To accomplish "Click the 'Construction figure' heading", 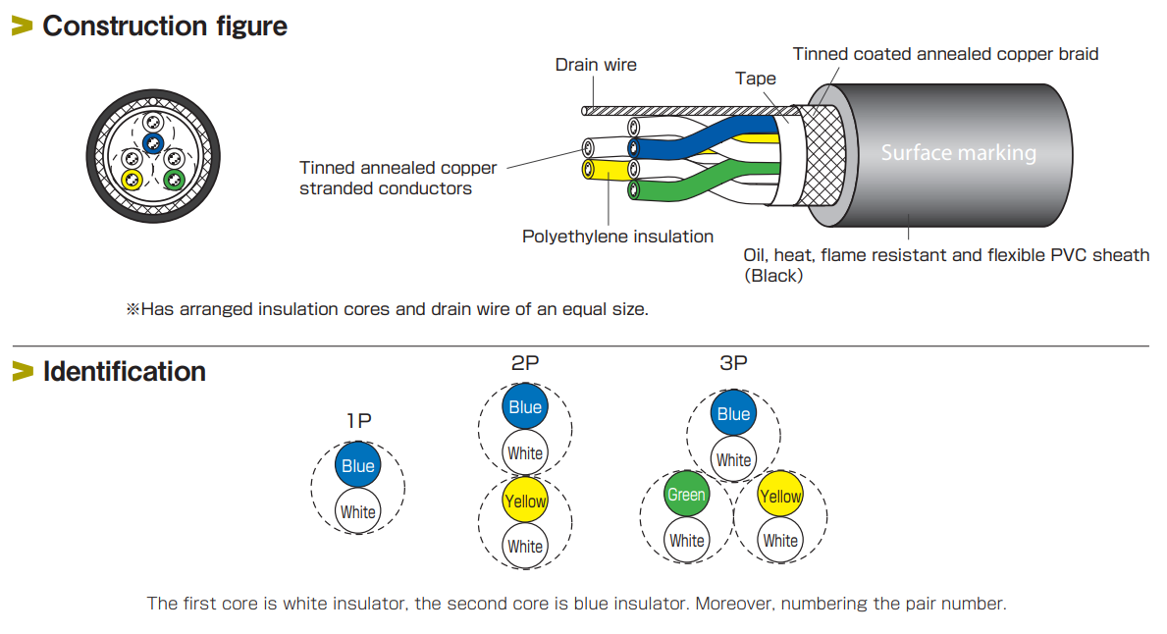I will (x=164, y=26).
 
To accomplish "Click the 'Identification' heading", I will (x=124, y=372).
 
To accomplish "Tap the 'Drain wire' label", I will (x=596, y=65).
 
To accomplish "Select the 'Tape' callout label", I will (x=755, y=79).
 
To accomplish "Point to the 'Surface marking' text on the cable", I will (x=958, y=153).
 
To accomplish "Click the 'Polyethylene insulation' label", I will (x=617, y=237).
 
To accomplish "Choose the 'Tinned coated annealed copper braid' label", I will (x=945, y=54).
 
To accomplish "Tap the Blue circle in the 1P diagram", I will (x=358, y=466).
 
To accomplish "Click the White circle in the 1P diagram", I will (x=358, y=511).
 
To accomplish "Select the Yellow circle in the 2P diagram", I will (x=525, y=501).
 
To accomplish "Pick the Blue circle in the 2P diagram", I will (x=525, y=407).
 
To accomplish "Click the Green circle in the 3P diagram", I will (x=686, y=495).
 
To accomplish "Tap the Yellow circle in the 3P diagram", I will (x=780, y=496).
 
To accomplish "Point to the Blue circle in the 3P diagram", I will (x=733, y=414).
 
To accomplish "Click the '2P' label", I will (x=525, y=363).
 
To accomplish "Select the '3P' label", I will (x=733, y=363).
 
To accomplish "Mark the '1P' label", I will (x=358, y=421).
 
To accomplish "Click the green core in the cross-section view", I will (x=174, y=180).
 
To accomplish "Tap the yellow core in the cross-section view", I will (x=131, y=180).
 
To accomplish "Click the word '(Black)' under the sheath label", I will (x=773, y=276).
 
